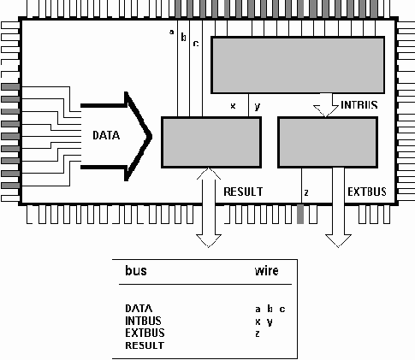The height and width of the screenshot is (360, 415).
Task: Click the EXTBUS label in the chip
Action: click(x=365, y=192)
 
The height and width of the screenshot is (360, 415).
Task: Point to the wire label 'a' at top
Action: click(x=172, y=33)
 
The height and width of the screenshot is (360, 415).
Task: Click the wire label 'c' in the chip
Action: click(x=195, y=42)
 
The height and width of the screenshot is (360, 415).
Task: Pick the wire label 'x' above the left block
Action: click(x=233, y=106)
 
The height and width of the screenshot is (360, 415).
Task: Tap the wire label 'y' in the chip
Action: click(x=256, y=106)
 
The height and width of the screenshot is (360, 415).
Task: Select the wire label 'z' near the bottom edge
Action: click(x=305, y=192)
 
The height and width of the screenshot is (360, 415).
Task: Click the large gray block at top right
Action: click(x=295, y=65)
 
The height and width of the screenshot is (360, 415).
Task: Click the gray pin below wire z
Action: click(x=300, y=215)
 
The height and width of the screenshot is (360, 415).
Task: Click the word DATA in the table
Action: click(x=139, y=309)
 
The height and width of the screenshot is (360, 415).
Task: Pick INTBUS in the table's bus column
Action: click(x=143, y=321)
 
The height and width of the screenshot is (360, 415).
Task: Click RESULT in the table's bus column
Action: click(x=143, y=345)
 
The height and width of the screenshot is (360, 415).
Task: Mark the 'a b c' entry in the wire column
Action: click(x=270, y=309)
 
